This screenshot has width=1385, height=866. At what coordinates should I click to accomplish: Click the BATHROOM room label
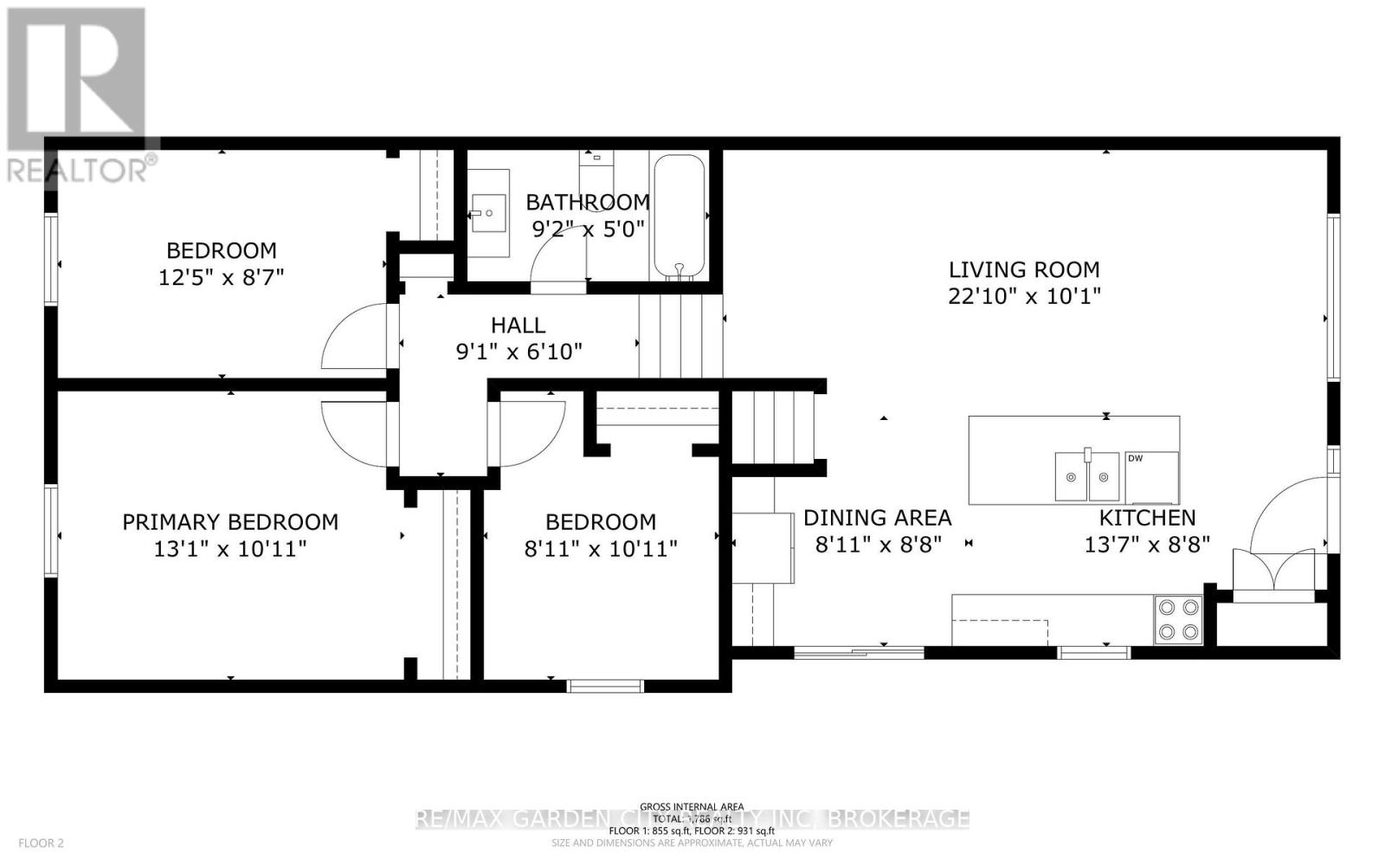(x=588, y=202)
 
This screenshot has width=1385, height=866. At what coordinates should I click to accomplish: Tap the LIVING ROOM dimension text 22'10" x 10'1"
(x=1024, y=296)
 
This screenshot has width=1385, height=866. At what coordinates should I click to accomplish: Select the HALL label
(x=518, y=326)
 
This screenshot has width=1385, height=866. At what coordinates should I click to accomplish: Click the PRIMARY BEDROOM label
(x=229, y=522)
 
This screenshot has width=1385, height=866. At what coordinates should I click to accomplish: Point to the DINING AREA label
(x=877, y=518)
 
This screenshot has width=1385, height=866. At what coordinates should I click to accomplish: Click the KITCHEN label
(x=1147, y=518)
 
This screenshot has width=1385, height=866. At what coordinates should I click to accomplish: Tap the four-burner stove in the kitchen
(x=1178, y=620)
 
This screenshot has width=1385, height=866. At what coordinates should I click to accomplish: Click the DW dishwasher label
(x=1135, y=458)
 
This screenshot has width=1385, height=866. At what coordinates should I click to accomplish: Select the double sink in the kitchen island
(x=1087, y=476)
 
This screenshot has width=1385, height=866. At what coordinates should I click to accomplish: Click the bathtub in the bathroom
(x=680, y=216)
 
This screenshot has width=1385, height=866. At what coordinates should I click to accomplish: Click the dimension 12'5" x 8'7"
(x=221, y=278)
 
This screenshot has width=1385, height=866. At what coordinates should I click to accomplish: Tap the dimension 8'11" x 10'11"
(x=600, y=548)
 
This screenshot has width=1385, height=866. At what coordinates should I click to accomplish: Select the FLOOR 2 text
(x=42, y=843)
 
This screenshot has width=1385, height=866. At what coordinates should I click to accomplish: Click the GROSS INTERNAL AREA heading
(x=692, y=806)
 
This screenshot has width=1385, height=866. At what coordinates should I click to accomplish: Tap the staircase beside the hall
(x=680, y=336)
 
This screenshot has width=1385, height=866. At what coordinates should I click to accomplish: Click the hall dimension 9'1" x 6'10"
(x=519, y=352)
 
